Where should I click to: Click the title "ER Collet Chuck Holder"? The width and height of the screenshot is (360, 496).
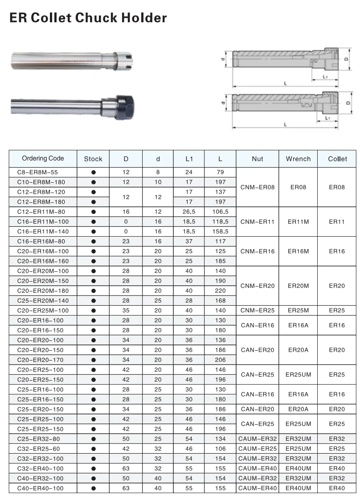pyautogui.click(x=88, y=18)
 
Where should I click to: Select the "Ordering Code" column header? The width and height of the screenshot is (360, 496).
pyautogui.click(x=43, y=159)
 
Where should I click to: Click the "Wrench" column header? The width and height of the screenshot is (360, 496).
pyautogui.click(x=298, y=159)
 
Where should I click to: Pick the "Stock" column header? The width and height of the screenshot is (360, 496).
pyautogui.click(x=93, y=159)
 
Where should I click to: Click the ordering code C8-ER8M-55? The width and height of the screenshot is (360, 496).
pyautogui.click(x=37, y=172)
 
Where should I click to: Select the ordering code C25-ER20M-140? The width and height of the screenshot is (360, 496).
pyautogui.click(x=43, y=300)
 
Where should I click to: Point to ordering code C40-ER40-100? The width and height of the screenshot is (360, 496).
pyautogui.click(x=40, y=488)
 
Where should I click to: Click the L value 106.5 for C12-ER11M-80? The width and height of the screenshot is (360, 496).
pyautogui.click(x=220, y=212)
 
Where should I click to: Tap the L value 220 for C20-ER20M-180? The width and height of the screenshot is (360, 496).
pyautogui.click(x=220, y=291)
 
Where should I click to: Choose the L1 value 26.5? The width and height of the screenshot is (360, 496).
pyautogui.click(x=189, y=212)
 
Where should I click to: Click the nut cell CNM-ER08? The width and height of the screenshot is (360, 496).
pyautogui.click(x=258, y=187)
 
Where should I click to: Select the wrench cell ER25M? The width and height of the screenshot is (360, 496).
pyautogui.click(x=298, y=310)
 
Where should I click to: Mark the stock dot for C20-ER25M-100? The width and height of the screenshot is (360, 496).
pyautogui.click(x=93, y=310)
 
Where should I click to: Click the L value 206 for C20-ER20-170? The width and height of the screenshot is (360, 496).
pyautogui.click(x=220, y=360)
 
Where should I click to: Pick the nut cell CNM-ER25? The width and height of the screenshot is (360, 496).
pyautogui.click(x=258, y=310)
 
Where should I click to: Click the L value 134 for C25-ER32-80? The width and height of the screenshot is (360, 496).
pyautogui.click(x=220, y=439)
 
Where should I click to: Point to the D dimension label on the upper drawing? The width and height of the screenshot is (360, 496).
pyautogui.click(x=346, y=58)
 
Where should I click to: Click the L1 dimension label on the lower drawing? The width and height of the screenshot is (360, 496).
pyautogui.click(x=327, y=118)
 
